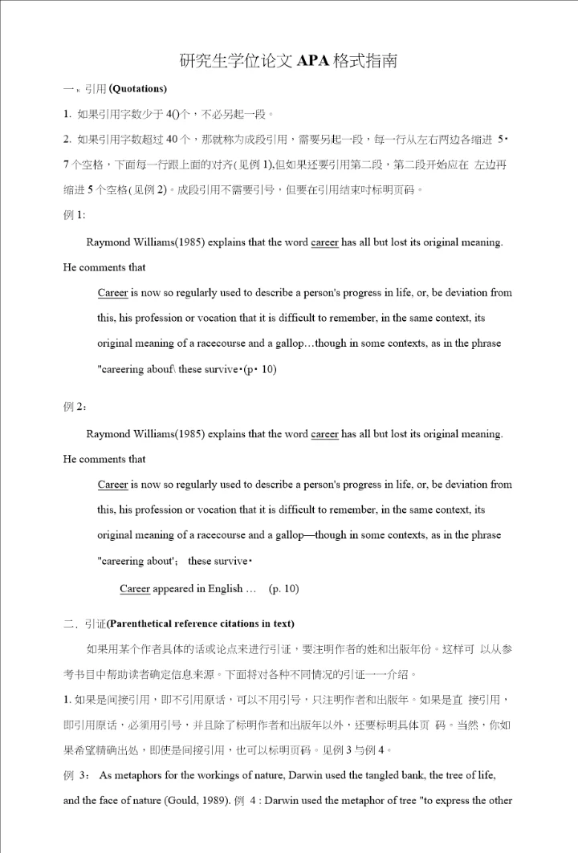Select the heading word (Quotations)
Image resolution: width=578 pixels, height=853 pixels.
click(x=137, y=88)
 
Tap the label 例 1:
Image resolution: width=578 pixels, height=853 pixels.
click(x=74, y=215)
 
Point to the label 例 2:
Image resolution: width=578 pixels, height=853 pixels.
click(x=75, y=407)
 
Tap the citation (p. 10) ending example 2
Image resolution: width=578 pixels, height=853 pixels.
click(x=283, y=589)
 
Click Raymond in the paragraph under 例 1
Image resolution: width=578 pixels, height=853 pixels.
click(x=108, y=242)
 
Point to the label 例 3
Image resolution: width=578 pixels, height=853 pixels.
click(x=77, y=775)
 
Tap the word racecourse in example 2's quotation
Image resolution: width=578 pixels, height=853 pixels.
click(x=228, y=535)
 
